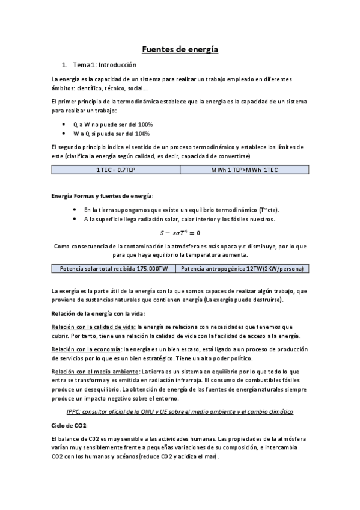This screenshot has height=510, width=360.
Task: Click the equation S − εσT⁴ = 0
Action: click(x=180, y=232)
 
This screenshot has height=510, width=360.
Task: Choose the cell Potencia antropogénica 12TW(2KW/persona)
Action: click(x=242, y=268)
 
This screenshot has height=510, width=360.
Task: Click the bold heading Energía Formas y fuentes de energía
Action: click(x=102, y=196)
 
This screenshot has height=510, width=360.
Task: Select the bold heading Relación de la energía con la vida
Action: click(x=98, y=313)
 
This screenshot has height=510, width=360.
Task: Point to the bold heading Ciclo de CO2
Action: click(x=70, y=425)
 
